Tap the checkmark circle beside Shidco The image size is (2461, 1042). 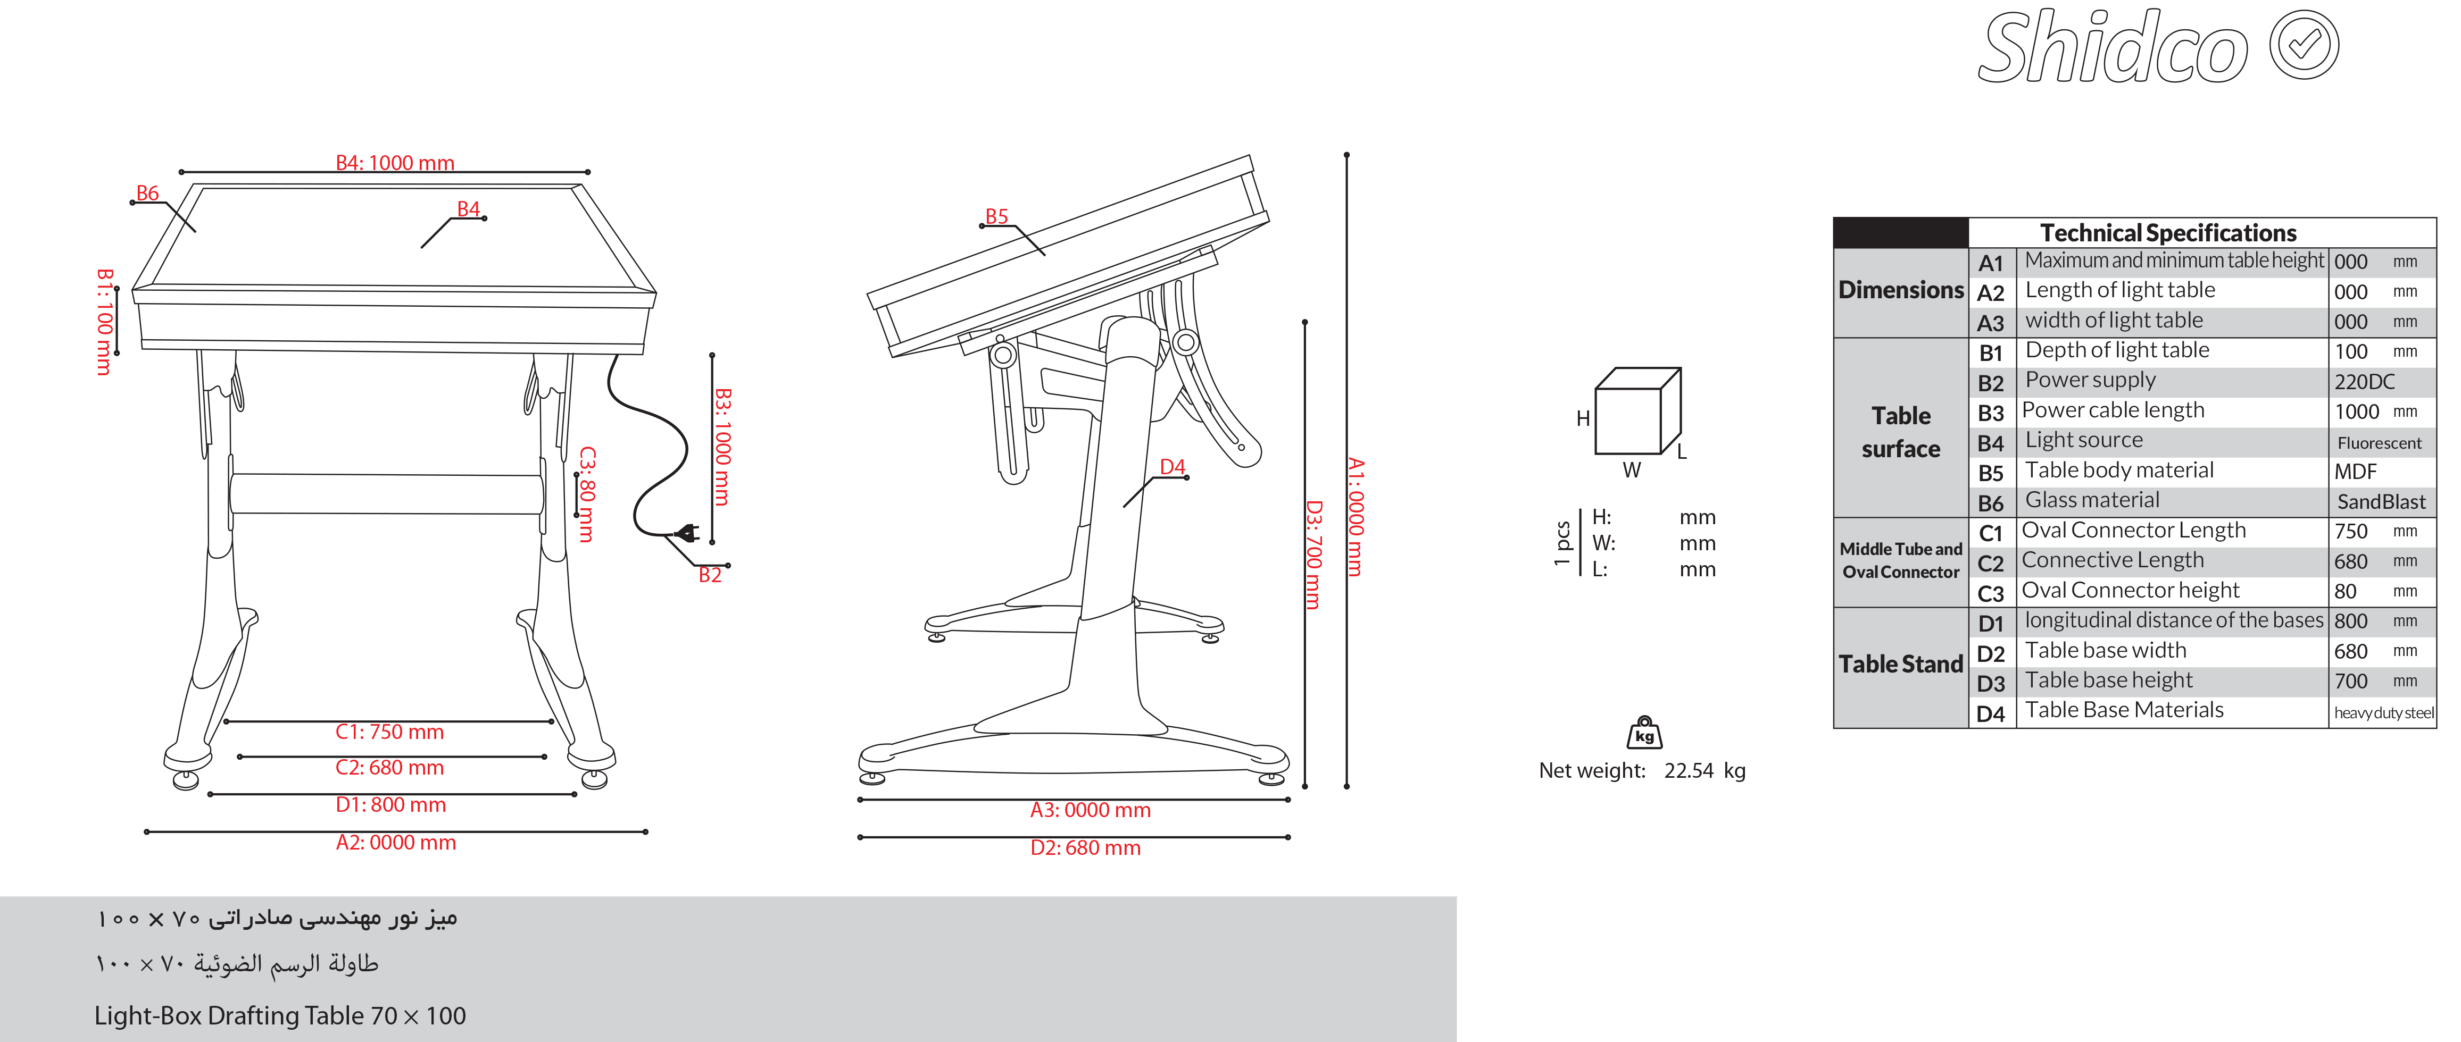point(2304,45)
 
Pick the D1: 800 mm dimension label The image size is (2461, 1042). point(390,804)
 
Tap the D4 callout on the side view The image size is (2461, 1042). point(1172,466)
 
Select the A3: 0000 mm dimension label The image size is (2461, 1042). point(1090,810)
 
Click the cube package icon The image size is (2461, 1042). point(1637,411)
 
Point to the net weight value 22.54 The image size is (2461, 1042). point(1689,771)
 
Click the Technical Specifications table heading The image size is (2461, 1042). point(2168,232)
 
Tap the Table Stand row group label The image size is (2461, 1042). point(1900,664)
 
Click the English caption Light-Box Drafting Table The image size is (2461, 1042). point(280,1015)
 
